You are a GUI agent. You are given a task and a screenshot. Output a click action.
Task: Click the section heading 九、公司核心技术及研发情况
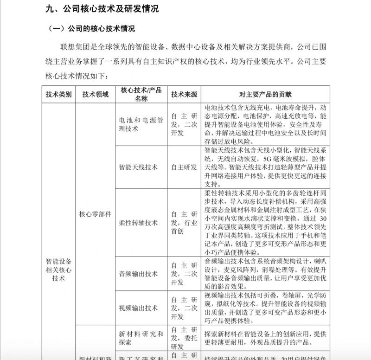103,9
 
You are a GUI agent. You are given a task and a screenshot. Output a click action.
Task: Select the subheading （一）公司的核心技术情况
92,29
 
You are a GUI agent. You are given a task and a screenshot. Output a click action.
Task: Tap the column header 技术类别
59,95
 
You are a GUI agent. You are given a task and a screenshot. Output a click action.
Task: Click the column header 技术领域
95,95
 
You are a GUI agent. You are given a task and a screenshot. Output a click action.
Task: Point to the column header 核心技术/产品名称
141,95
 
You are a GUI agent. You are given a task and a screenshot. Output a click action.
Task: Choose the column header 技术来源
184,95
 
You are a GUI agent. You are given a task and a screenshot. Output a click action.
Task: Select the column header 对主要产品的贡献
266,95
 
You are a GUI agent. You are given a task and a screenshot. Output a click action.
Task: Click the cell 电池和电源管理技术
141,124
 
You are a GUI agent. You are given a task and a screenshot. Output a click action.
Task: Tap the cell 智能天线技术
138,167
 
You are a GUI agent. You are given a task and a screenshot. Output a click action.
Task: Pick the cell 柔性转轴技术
138,223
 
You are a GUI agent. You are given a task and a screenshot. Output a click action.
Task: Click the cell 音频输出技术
138,274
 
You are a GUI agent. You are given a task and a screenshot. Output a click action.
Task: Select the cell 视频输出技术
138,308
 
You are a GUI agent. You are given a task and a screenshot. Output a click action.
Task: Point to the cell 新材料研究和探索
141,338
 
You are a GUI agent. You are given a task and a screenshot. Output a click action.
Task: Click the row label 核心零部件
95,214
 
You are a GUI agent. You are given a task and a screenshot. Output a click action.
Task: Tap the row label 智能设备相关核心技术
59,270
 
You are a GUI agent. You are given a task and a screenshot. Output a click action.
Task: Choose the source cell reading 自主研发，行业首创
184,223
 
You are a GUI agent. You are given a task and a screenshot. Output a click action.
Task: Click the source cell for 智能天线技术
184,167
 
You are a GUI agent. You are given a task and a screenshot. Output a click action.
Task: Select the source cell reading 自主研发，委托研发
184,338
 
